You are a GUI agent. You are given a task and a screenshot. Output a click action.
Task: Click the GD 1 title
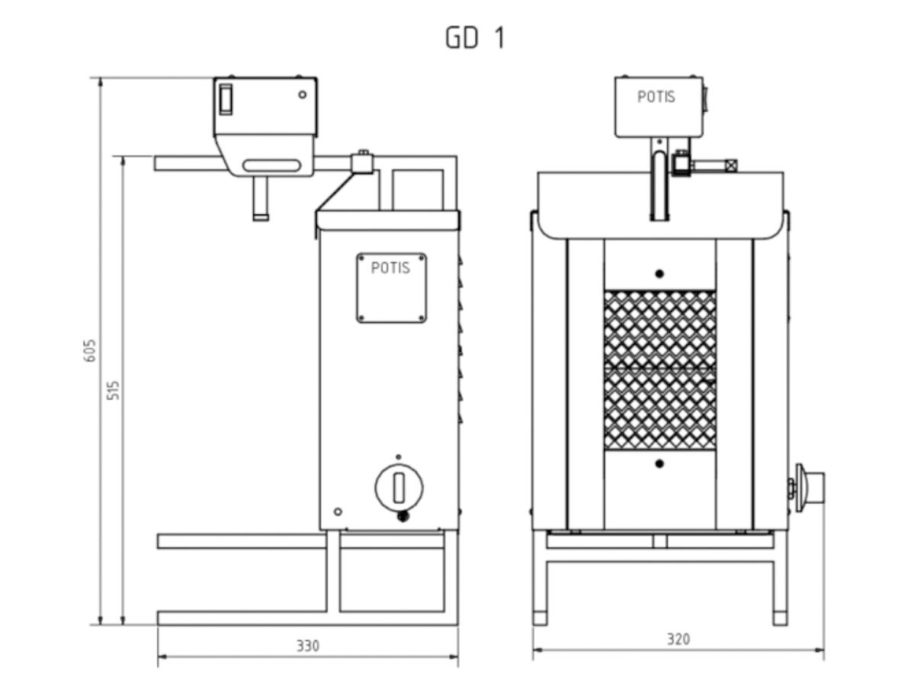(x=475, y=39)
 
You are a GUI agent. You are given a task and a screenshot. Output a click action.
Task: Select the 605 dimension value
(x=90, y=350)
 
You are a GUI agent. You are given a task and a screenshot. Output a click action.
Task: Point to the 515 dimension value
(x=114, y=389)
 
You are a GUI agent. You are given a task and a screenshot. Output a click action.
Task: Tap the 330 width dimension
(x=308, y=646)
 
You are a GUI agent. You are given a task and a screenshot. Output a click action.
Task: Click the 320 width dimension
(x=677, y=639)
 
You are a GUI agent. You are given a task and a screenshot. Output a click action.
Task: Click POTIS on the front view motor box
(x=656, y=98)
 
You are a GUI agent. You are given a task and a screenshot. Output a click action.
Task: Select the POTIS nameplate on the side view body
(x=391, y=287)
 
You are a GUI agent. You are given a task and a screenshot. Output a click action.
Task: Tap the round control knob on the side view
(x=399, y=486)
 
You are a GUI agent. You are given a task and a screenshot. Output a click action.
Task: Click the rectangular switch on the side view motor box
(x=225, y=98)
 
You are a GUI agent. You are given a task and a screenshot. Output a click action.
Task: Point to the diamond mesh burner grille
(x=660, y=369)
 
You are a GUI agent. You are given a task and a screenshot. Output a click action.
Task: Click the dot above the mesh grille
(x=660, y=273)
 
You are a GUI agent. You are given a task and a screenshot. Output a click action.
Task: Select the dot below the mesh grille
(x=660, y=463)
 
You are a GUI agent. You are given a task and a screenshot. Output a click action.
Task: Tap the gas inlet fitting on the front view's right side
(x=810, y=486)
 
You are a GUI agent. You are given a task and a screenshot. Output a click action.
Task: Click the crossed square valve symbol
(x=731, y=165)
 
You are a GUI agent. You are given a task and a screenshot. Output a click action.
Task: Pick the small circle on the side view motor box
(x=303, y=95)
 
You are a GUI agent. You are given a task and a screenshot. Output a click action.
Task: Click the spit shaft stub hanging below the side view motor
(x=261, y=199)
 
